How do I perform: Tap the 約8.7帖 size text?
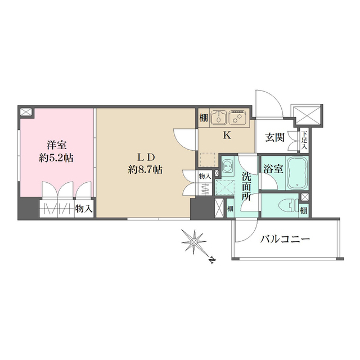[x=145, y=169]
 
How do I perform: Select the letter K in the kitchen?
[x=227, y=135]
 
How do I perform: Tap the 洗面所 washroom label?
[x=246, y=187]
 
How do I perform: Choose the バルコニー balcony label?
[x=285, y=239]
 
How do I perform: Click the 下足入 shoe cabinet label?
[x=304, y=139]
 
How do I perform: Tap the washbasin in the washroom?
[x=228, y=166]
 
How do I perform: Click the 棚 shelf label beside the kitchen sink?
[x=202, y=118]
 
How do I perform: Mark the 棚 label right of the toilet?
[x=304, y=210]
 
